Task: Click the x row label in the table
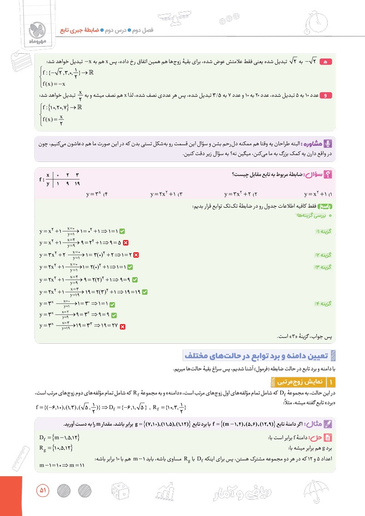(x=48, y=175)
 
